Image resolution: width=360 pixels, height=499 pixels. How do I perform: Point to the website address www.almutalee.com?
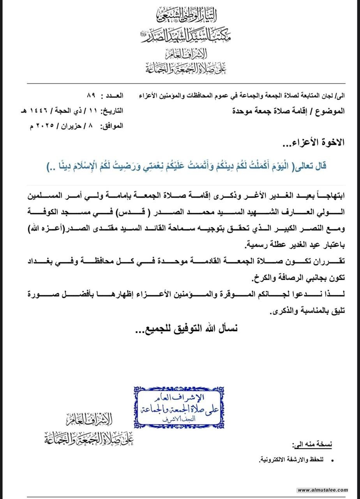323,490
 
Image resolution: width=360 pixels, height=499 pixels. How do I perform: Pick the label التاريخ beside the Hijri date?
113,111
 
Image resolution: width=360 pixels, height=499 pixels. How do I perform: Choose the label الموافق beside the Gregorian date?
113,126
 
